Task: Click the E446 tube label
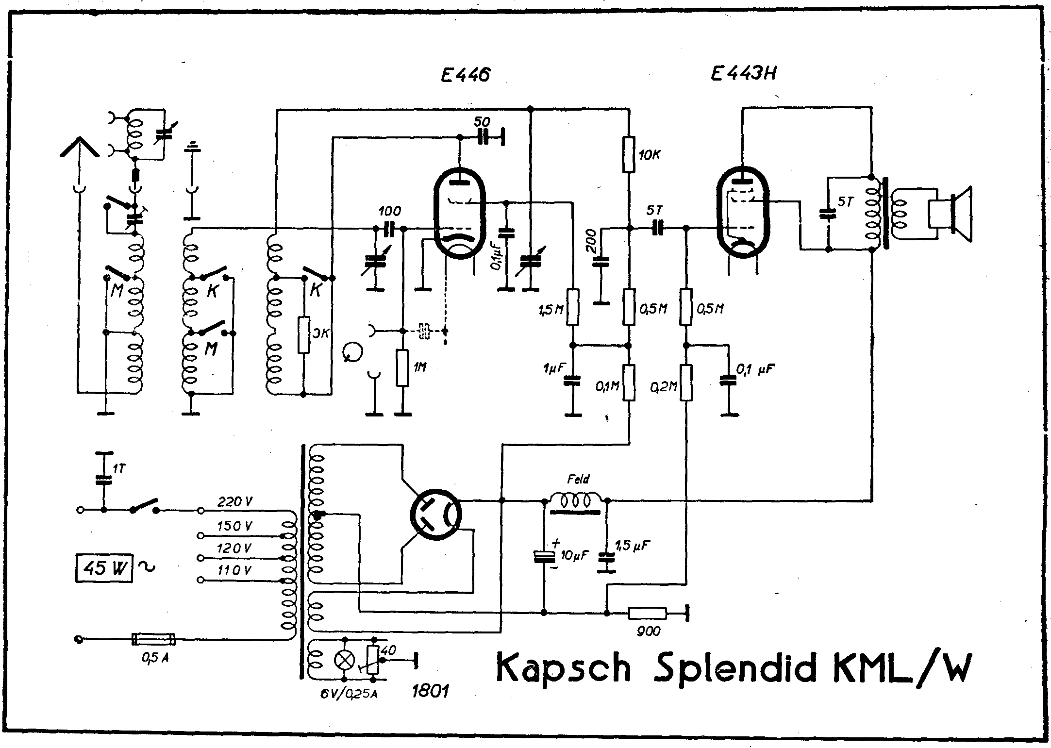(465, 76)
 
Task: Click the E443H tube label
(742, 74)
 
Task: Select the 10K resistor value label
(649, 155)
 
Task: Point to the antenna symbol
(79, 145)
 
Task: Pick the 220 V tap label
(234, 502)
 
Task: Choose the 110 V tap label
(234, 570)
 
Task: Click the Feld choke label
(578, 480)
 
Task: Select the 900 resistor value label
(648, 631)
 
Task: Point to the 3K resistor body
(304, 334)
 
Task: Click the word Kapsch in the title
(564, 668)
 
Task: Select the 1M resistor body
(402, 367)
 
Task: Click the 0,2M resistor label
(664, 386)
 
